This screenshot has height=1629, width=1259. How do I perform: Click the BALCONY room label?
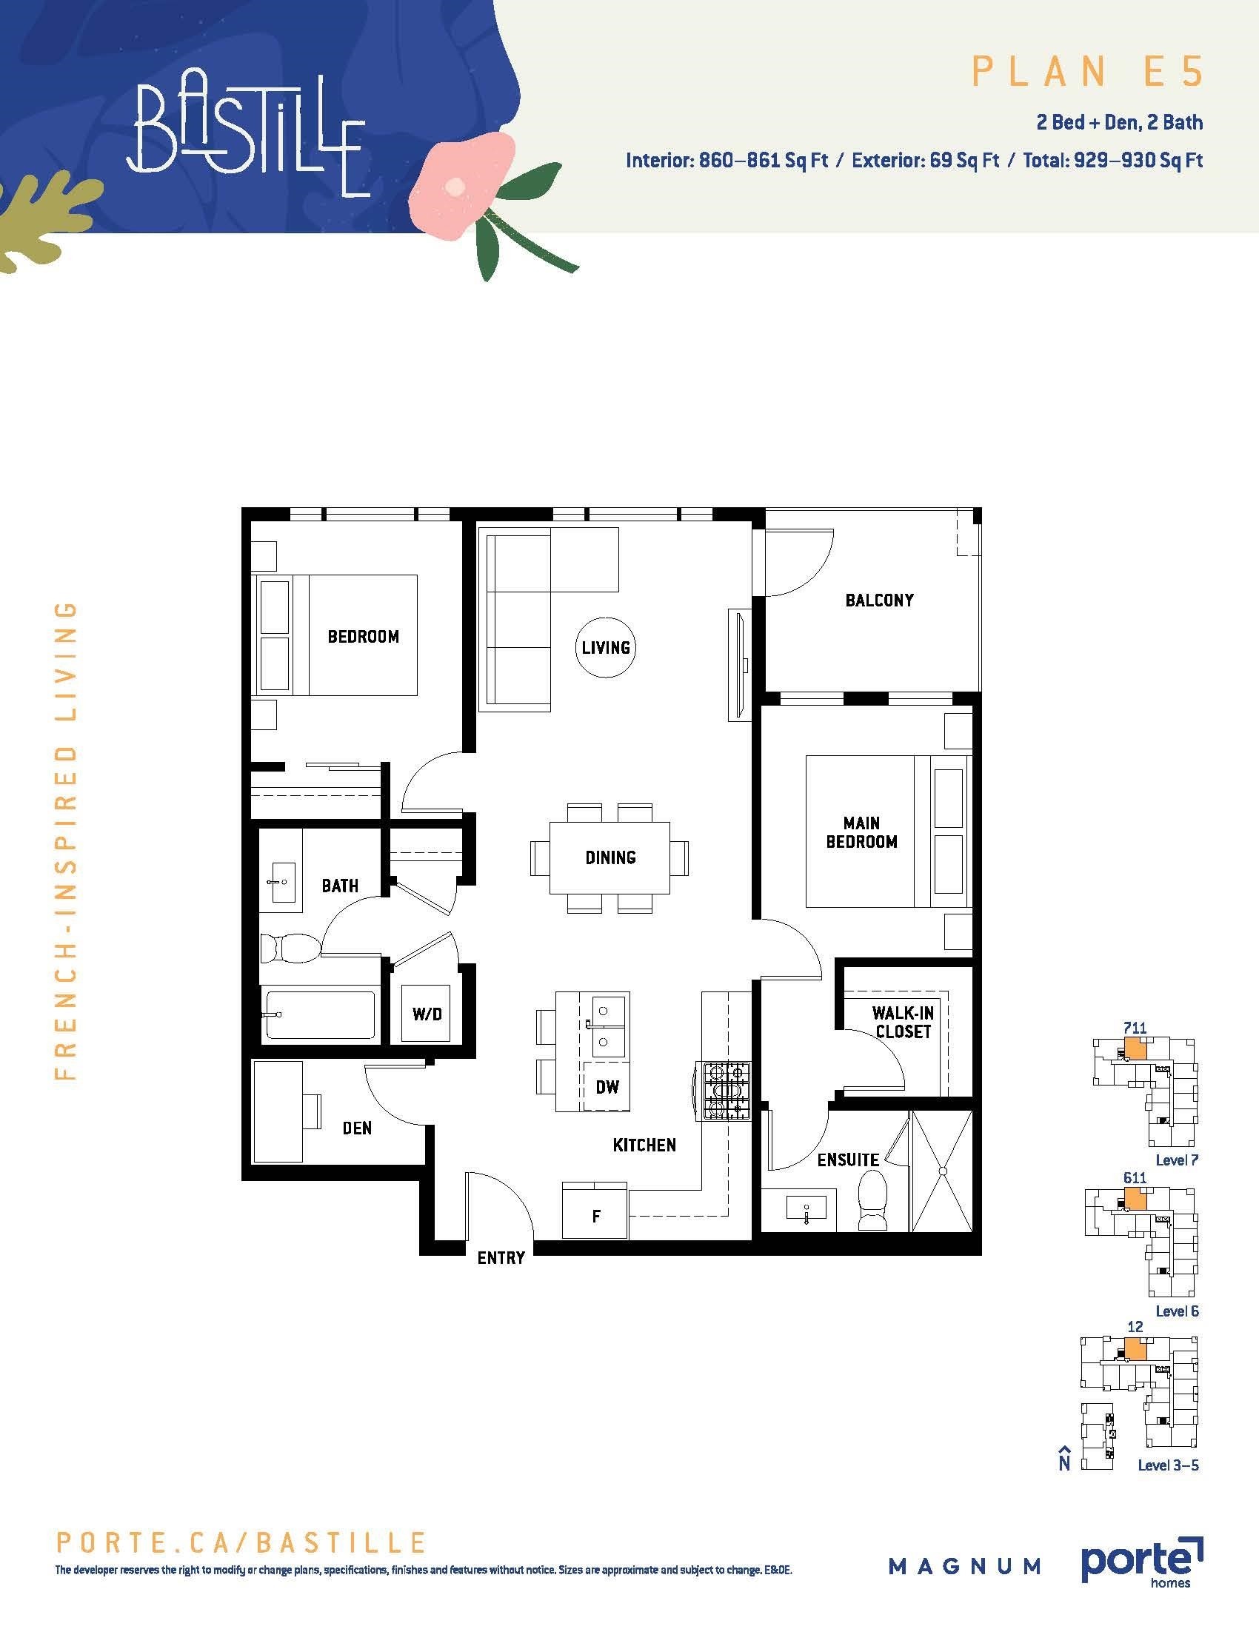(879, 601)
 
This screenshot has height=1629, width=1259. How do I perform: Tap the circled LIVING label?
(606, 647)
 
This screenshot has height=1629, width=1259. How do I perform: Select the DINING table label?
(610, 857)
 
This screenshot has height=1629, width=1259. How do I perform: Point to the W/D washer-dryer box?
(427, 1014)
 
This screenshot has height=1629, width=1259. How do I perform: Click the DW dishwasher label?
(607, 1087)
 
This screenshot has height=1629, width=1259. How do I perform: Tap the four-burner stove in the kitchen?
(724, 1091)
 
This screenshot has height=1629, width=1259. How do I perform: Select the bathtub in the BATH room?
(319, 1014)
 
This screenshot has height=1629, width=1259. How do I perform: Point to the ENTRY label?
(501, 1258)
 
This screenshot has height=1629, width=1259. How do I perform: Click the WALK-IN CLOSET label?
(904, 1022)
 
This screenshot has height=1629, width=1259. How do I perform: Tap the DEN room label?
(356, 1128)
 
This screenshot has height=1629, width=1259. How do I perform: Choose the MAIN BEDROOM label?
(861, 832)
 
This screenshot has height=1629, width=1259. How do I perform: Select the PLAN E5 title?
(1087, 72)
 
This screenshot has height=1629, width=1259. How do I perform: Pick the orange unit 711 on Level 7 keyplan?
(1135, 1048)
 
